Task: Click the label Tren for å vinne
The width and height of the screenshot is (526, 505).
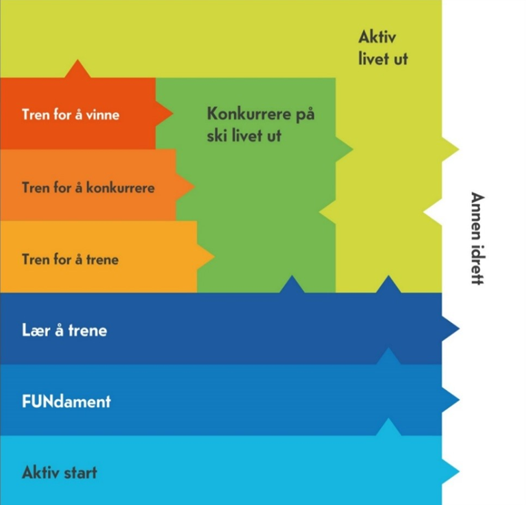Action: click(71, 114)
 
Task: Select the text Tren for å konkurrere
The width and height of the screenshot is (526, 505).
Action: click(88, 187)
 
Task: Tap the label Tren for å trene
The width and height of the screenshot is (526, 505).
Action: click(71, 259)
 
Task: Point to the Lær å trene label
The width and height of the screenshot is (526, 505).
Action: click(64, 330)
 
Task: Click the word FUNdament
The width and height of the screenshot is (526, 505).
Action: click(66, 402)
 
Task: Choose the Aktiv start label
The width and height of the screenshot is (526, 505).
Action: click(60, 472)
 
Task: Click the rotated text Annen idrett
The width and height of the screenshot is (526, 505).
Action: click(477, 238)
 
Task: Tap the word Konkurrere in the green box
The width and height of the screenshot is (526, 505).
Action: click(249, 114)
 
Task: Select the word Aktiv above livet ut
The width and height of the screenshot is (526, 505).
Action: click(377, 37)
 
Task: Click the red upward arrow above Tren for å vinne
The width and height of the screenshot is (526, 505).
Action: click(77, 69)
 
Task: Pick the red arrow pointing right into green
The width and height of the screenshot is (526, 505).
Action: click(164, 114)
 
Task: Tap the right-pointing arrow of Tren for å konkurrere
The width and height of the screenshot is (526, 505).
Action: click(185, 186)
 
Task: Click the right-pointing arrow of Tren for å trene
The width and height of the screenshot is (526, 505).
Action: click(205, 257)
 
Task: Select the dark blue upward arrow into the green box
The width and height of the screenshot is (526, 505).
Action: click(292, 284)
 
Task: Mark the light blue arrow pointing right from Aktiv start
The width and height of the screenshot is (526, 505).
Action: click(451, 471)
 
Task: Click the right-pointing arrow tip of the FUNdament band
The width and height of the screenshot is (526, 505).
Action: click(460, 400)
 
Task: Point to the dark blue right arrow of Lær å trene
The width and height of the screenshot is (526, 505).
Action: click(451, 328)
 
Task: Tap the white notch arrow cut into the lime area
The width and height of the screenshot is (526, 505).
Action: click(432, 212)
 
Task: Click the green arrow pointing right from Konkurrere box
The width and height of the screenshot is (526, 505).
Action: click(345, 148)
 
